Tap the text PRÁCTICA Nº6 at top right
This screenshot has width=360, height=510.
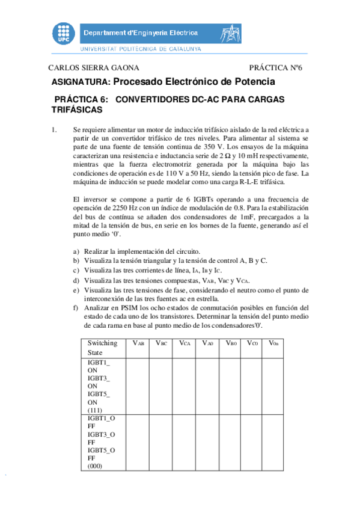tap(275, 68)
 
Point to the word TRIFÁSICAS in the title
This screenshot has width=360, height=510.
tap(78, 110)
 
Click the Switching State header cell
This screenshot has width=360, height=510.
tap(102, 348)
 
